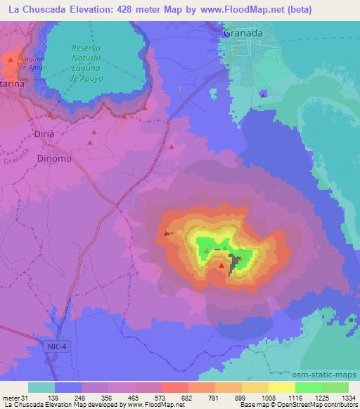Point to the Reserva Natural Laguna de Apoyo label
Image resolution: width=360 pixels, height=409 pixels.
click(88, 62)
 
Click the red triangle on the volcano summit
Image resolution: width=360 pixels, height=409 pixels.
click(222, 265)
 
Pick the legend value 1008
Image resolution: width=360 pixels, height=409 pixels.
click(264, 398)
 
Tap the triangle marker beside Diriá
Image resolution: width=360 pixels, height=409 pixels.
click(90, 143)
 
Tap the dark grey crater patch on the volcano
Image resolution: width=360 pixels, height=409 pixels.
click(231, 261)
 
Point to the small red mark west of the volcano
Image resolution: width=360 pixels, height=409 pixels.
click(167, 233)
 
